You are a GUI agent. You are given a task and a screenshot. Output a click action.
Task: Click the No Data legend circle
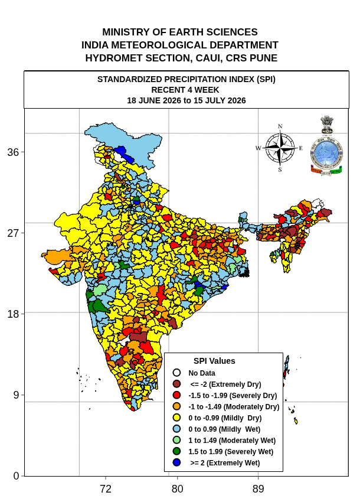[x=176, y=373]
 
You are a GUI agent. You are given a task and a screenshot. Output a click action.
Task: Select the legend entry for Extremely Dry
[x=225, y=384]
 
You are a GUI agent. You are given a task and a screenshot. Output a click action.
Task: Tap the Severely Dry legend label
[x=233, y=395]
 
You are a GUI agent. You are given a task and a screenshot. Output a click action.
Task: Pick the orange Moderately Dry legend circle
[x=176, y=406]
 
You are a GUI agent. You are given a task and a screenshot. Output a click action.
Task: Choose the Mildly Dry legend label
[x=225, y=418]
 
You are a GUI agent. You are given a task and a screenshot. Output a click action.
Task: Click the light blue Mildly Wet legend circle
[x=176, y=429]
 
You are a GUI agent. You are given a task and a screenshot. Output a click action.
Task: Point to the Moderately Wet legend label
[x=232, y=440]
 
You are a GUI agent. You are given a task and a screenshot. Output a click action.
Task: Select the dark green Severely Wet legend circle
[x=176, y=451]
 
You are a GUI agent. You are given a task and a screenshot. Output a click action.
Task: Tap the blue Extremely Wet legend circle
[x=176, y=462]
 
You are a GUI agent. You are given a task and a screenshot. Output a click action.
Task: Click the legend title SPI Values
[x=214, y=361]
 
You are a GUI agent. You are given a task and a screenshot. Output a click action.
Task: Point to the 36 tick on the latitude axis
[x=13, y=152]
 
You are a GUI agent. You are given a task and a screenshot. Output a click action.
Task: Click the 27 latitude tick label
[x=13, y=233]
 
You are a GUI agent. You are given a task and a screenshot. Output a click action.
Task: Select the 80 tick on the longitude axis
[x=177, y=489]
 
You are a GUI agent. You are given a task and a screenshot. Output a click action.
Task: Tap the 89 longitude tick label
[x=258, y=489]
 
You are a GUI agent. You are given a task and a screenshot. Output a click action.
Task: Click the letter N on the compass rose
[x=280, y=126]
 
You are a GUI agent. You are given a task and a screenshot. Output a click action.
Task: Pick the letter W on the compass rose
[x=258, y=148]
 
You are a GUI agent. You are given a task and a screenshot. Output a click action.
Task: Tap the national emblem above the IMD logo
[x=327, y=125]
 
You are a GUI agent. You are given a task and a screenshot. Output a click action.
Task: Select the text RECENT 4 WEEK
[x=185, y=90]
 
